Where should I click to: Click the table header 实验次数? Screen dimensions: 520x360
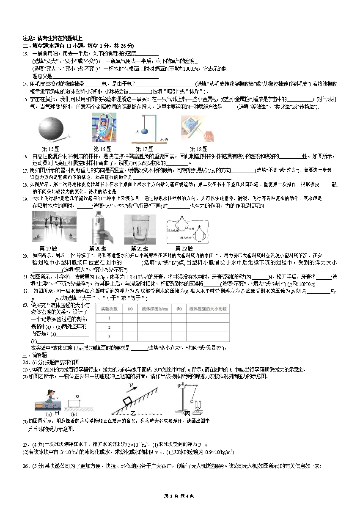tap(108, 309)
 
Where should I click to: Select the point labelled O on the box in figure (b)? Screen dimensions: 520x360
tap(77, 397)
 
